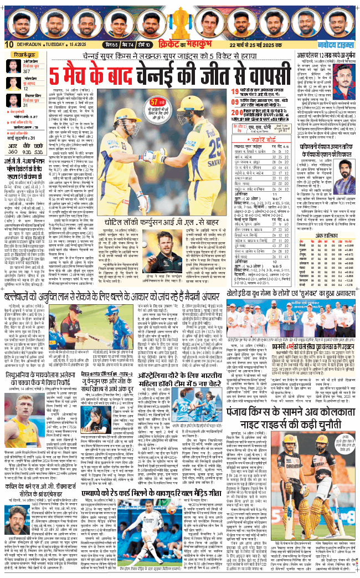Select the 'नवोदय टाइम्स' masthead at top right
click(338, 44)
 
